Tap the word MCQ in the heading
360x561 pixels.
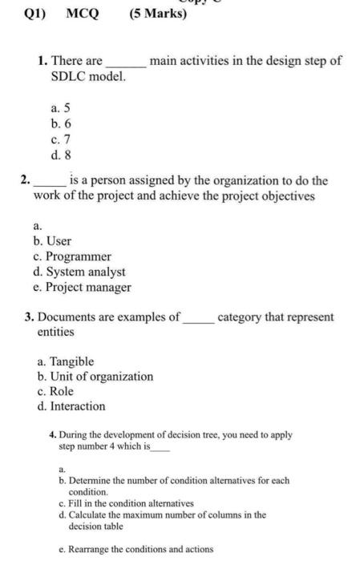[x=83, y=14]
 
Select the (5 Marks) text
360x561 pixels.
[x=157, y=14]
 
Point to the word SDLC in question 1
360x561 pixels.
[x=65, y=76]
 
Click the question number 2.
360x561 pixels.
[x=26, y=181]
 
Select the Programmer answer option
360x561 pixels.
[x=73, y=256]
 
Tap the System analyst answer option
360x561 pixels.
[x=79, y=272]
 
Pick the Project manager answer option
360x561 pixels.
[x=83, y=287]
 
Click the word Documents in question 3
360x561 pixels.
[x=69, y=317]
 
